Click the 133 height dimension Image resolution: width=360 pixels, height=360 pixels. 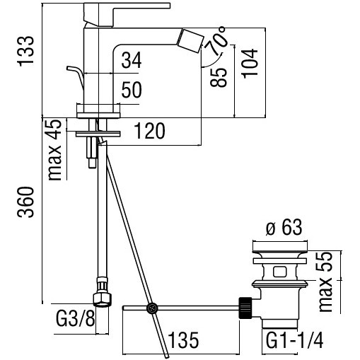25,51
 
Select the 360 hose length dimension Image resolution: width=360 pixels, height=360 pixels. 25,202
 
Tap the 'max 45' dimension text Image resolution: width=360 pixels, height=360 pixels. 54,150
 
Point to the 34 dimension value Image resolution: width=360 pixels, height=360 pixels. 132,60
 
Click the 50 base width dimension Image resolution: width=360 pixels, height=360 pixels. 132,90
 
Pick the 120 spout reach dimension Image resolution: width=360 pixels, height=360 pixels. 149,131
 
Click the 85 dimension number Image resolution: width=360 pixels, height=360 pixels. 219,78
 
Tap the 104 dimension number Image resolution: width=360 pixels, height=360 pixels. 250,64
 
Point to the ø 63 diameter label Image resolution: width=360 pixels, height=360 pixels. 284,227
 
